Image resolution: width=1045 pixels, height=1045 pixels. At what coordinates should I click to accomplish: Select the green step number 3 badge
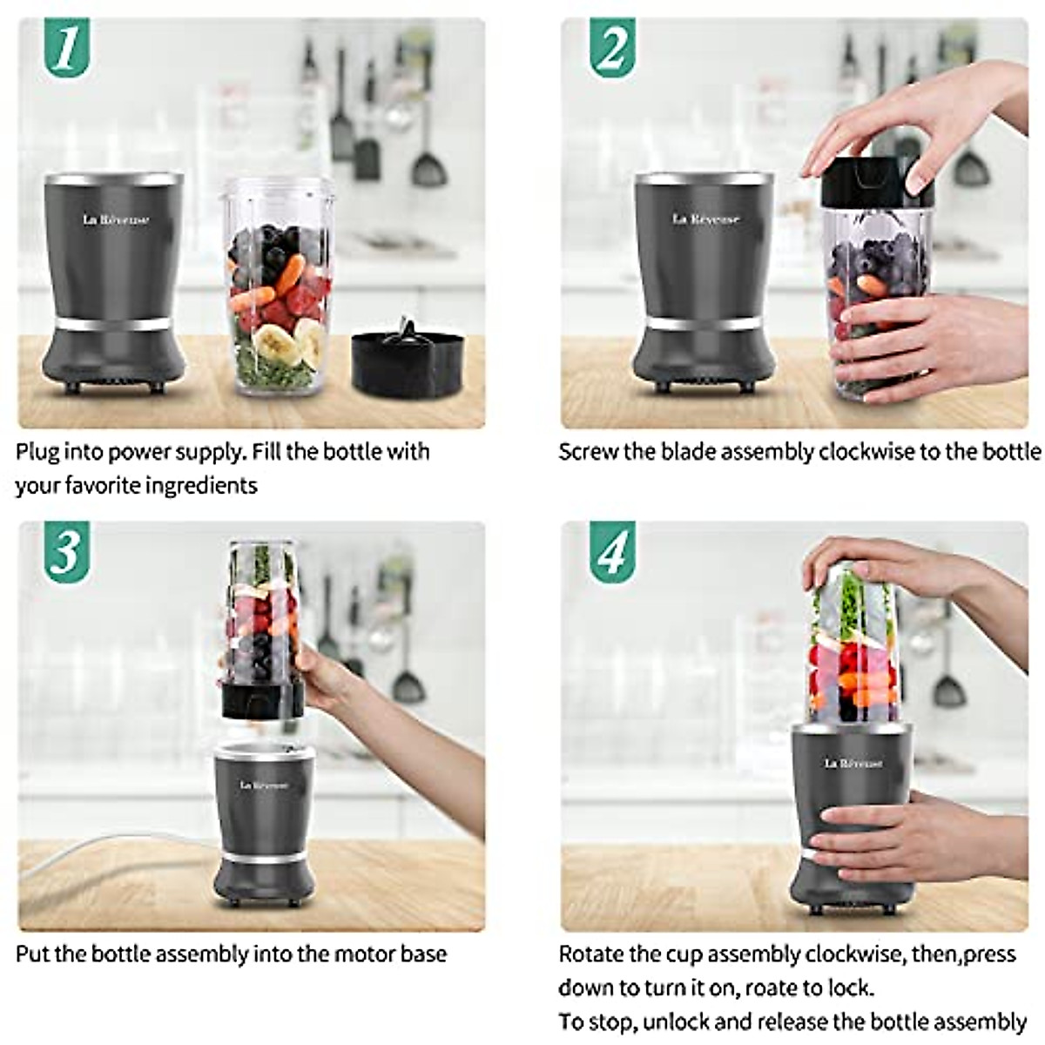tap(65, 550)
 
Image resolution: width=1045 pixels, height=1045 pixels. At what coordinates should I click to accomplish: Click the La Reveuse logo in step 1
tap(116, 219)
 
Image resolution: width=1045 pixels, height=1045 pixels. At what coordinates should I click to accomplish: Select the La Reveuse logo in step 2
tap(705, 219)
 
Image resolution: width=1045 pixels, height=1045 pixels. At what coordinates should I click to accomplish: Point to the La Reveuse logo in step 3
tap(264, 785)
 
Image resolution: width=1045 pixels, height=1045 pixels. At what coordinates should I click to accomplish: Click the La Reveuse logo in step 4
tap(853, 763)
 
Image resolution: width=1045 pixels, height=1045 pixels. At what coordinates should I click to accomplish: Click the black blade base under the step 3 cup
tap(262, 701)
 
